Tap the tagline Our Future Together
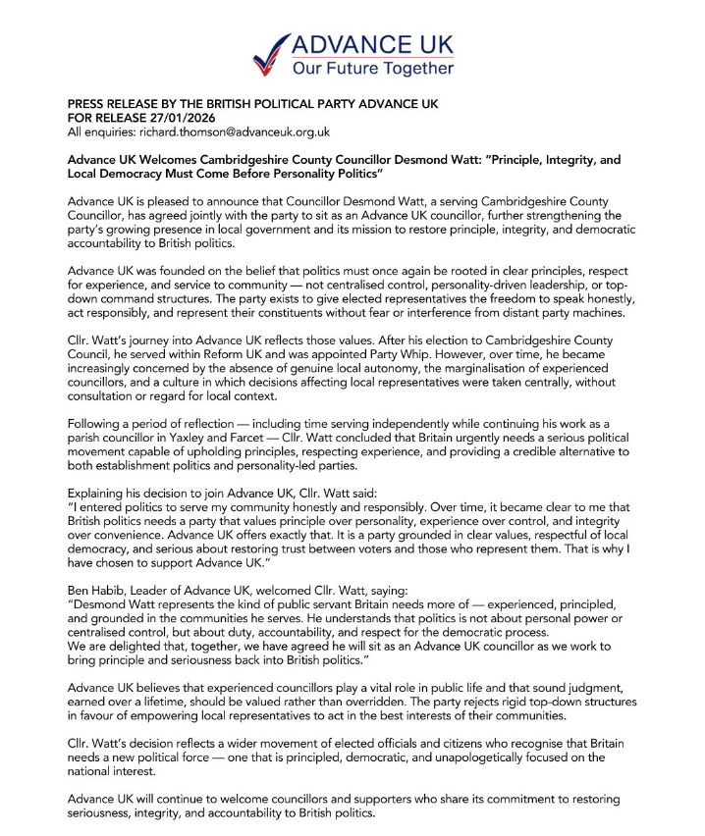373,69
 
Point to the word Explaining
97,493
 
